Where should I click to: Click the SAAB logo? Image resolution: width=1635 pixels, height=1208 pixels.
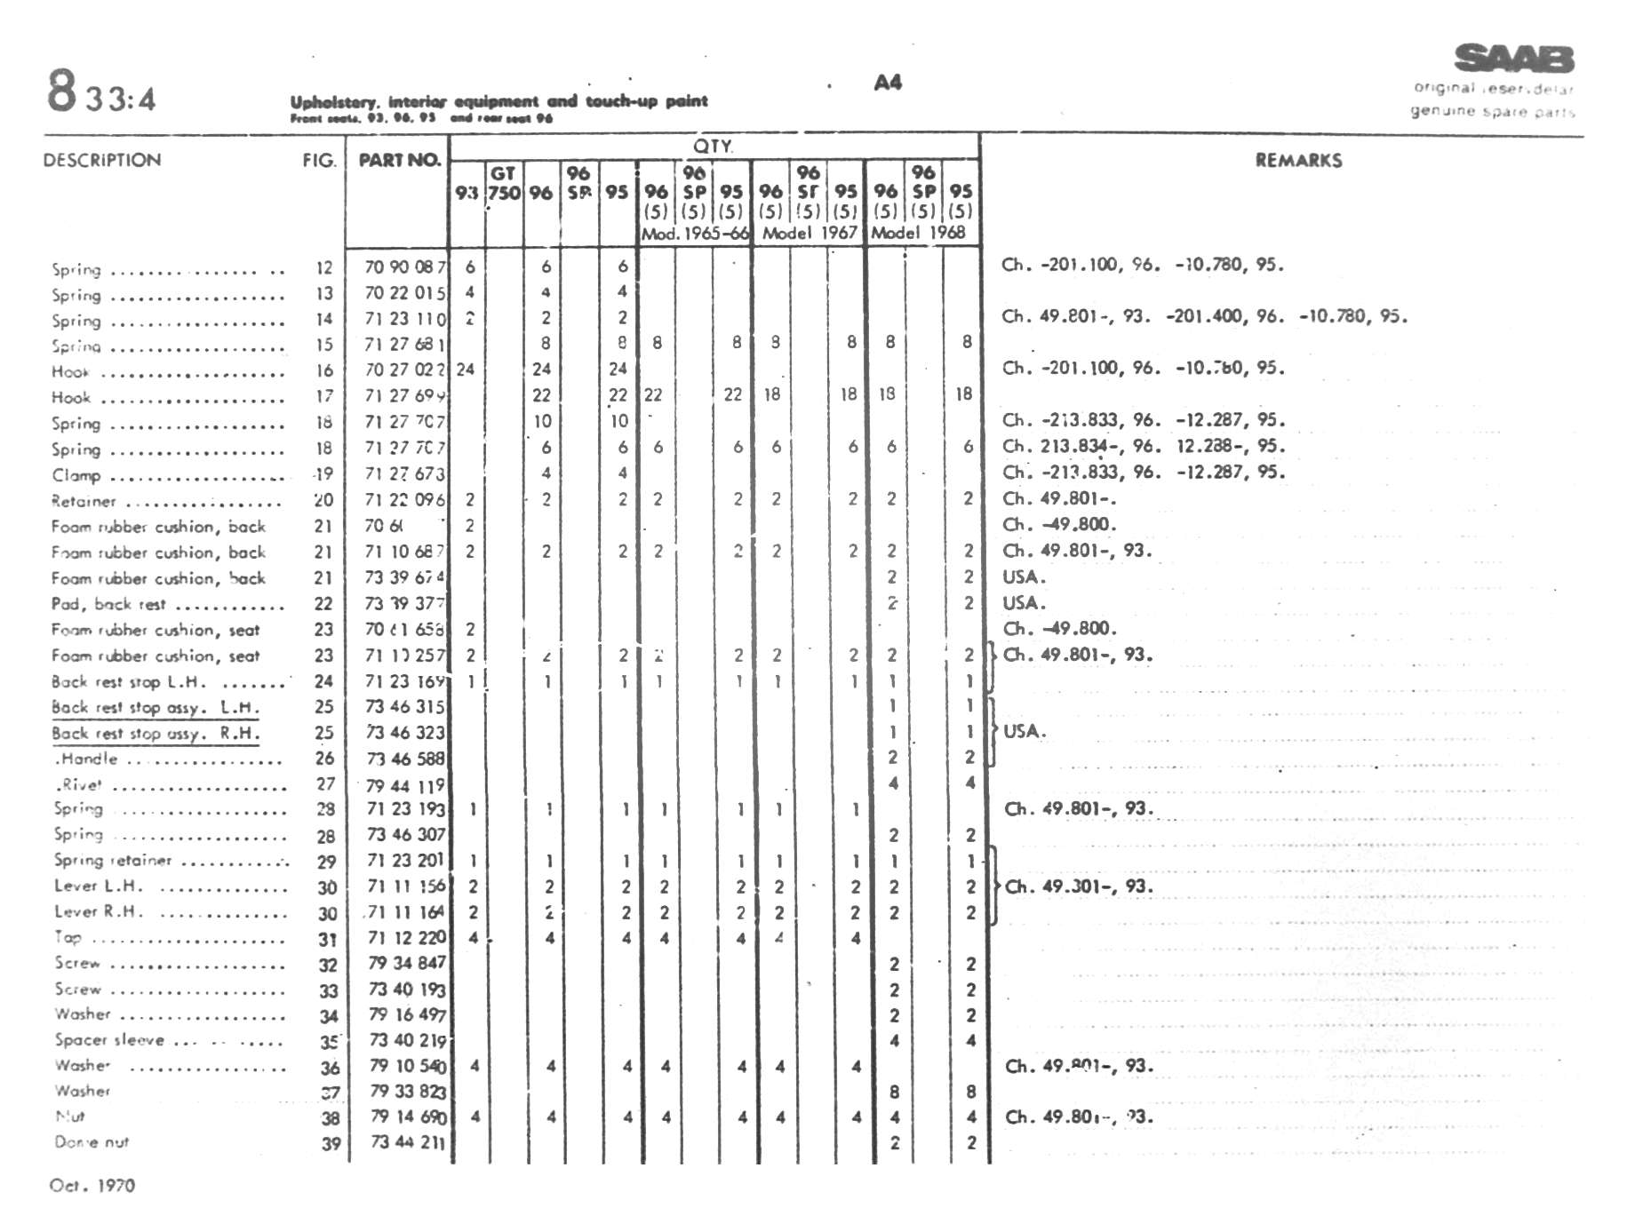[1513, 59]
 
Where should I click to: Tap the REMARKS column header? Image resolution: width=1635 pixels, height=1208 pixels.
[1298, 161]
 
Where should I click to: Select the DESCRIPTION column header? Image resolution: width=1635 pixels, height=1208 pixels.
[102, 161]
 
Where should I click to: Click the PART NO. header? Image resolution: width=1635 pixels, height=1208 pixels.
[399, 161]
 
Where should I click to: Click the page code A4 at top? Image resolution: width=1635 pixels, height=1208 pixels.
[888, 83]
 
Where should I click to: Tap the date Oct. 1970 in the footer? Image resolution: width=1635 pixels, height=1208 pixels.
[92, 1185]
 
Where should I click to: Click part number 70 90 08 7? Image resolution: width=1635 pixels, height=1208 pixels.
[405, 266]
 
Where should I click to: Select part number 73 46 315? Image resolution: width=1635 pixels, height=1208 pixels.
[405, 707]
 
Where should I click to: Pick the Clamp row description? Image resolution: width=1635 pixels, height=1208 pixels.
[76, 475]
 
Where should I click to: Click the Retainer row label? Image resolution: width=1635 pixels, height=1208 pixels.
[84, 501]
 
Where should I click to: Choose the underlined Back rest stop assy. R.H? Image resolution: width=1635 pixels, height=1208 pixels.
[156, 734]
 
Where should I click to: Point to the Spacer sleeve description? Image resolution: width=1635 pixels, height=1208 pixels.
[109, 1040]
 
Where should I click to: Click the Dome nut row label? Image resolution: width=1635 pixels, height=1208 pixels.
[92, 1142]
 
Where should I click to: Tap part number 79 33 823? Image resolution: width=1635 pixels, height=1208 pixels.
[407, 1092]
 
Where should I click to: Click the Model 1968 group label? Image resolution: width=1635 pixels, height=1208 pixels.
[918, 233]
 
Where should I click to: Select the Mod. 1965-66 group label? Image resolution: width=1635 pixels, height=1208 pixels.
[695, 234]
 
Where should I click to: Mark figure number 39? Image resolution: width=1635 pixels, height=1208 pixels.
[331, 1144]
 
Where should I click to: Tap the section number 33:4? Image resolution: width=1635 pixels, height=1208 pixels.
[120, 99]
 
